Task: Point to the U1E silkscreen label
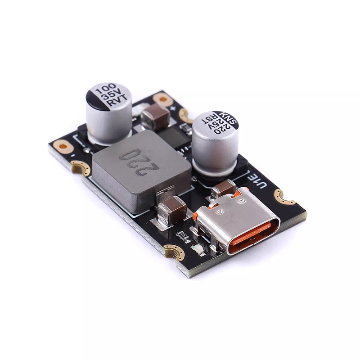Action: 260,189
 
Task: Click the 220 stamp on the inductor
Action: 140,161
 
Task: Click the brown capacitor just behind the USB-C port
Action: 224,189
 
